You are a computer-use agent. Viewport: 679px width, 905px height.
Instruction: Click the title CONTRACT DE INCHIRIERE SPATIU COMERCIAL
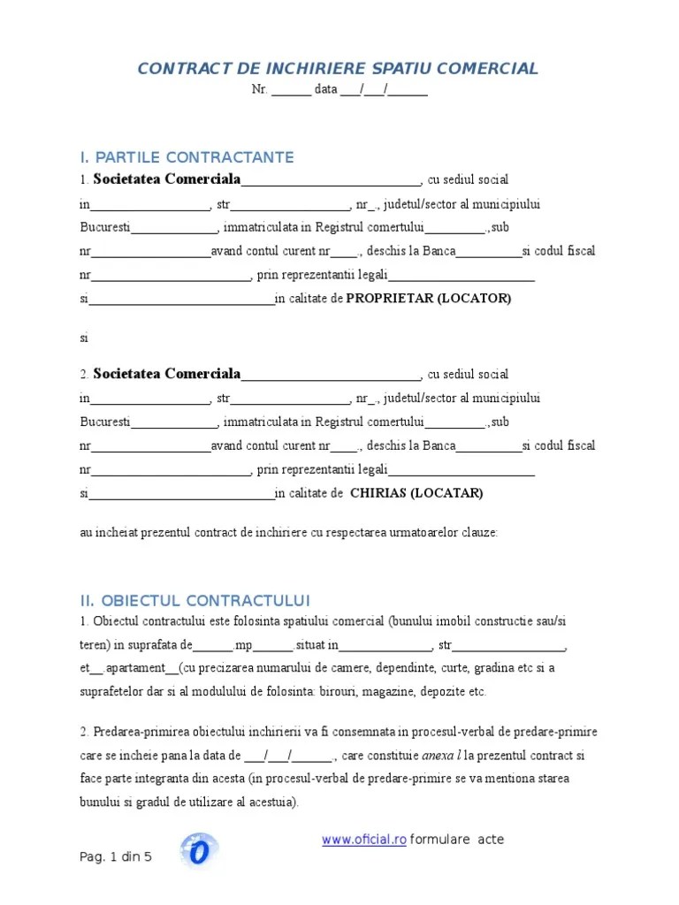(x=339, y=68)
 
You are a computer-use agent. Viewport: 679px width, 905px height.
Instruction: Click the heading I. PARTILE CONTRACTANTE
(x=187, y=157)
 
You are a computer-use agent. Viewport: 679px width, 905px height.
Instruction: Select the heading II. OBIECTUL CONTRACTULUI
(x=195, y=600)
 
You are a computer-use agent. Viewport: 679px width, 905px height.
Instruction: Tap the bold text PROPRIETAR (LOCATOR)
(x=428, y=299)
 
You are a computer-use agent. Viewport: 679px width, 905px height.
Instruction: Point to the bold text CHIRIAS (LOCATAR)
(x=416, y=493)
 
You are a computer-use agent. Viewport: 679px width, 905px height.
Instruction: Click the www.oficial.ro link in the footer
(x=363, y=840)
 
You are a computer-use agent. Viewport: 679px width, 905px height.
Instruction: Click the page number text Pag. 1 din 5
(x=116, y=856)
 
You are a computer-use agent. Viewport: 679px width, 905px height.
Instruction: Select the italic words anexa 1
(x=433, y=757)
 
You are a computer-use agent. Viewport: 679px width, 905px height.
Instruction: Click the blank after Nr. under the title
(x=291, y=90)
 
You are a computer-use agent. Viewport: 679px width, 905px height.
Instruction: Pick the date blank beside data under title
(x=384, y=90)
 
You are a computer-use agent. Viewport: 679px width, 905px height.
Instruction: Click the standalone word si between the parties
(x=84, y=338)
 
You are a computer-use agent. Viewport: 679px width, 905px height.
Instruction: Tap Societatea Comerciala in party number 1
(x=166, y=180)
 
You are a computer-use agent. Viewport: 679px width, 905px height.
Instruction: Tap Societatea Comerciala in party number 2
(x=166, y=375)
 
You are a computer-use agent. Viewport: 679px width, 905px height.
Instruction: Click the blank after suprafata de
(x=212, y=645)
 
